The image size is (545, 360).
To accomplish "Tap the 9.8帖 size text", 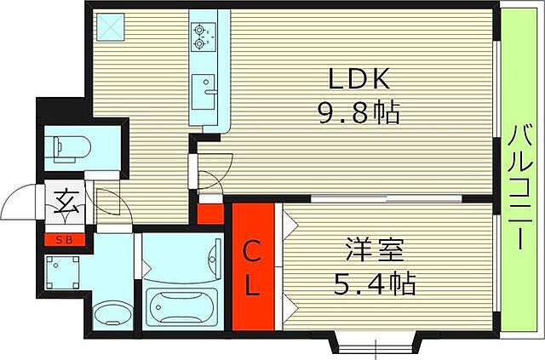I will coord(359,114).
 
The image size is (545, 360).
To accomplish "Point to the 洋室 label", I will coord(376,251).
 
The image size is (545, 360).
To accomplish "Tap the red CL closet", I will coord(254,266).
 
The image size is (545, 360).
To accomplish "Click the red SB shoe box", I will coord(65,239).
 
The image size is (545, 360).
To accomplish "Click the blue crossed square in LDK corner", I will coord(110,27).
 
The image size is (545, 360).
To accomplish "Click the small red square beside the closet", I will coord(209,211).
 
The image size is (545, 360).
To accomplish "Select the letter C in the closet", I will coord(254,251).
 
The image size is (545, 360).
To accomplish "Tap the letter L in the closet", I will coord(254,285).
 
